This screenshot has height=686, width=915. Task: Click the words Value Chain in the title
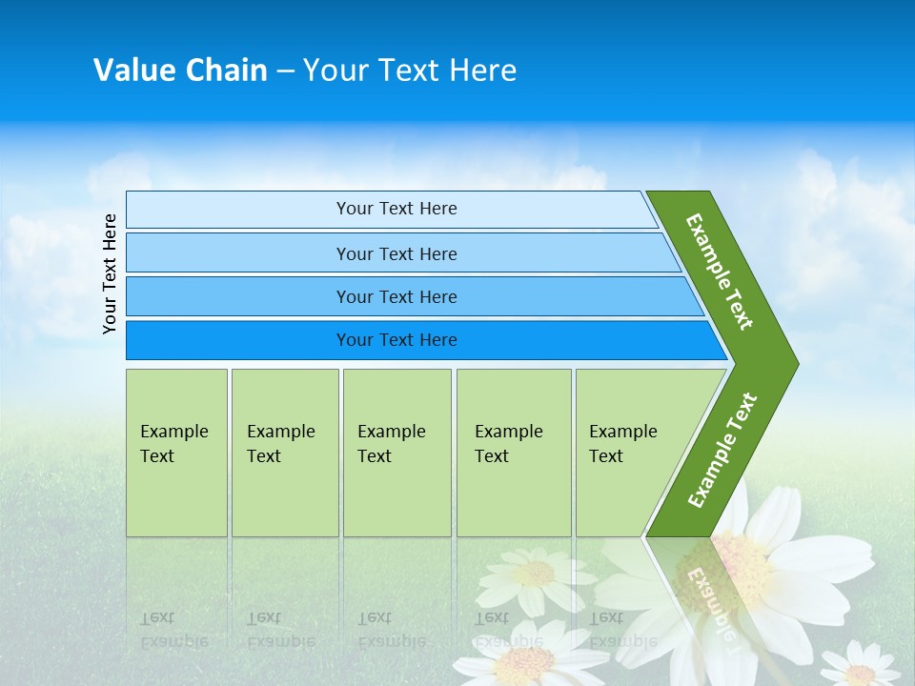click(x=180, y=71)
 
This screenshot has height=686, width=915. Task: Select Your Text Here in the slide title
click(x=410, y=71)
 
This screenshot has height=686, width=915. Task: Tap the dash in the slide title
click(x=285, y=71)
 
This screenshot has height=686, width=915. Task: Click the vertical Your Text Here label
click(x=110, y=273)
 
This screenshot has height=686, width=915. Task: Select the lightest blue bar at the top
click(x=391, y=209)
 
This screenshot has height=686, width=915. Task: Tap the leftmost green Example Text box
click(x=176, y=452)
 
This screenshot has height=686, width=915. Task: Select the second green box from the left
click(x=284, y=452)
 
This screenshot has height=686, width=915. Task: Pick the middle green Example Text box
click(x=396, y=452)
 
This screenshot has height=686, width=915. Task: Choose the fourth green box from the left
click(x=513, y=452)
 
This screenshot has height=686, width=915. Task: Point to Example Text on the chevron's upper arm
click(x=720, y=272)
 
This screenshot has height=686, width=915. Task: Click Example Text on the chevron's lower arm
click(x=722, y=450)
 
